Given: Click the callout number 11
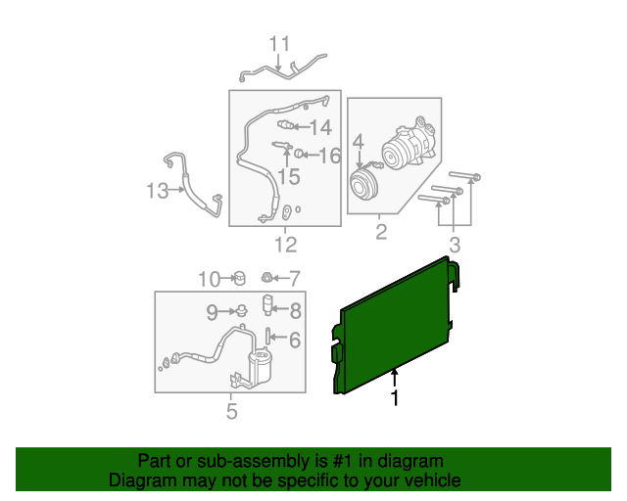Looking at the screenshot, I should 280,44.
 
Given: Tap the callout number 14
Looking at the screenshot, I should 320,127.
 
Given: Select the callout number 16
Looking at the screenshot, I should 329,155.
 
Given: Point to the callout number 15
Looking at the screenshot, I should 289,176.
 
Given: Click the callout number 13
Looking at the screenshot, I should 157,191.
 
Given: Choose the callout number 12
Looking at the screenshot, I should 285,245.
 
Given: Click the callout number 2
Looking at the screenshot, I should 381,232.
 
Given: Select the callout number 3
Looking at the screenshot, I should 454,244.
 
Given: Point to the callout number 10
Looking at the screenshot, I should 210,279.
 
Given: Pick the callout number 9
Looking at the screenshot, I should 212,312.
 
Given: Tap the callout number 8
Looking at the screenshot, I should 295,312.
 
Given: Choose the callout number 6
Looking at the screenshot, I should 295,340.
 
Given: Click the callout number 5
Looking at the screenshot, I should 231,412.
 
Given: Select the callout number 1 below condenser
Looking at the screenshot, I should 395,398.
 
